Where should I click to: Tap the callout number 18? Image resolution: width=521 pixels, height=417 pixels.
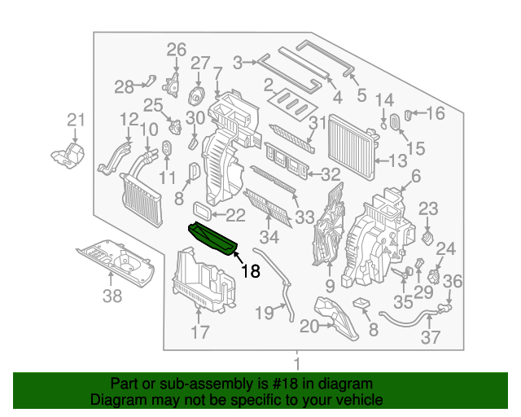(250, 271)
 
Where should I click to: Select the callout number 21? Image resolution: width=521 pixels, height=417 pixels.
(76, 121)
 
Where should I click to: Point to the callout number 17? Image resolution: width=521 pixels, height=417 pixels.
(199, 331)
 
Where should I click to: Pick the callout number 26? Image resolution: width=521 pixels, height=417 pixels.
(177, 50)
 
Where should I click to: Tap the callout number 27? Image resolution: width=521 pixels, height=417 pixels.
(200, 64)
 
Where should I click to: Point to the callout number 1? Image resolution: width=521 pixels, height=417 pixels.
(297, 363)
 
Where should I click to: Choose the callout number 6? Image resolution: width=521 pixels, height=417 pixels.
(415, 176)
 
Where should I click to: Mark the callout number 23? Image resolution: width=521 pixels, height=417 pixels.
(428, 208)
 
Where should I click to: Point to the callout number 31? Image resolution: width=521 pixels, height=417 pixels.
(317, 123)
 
